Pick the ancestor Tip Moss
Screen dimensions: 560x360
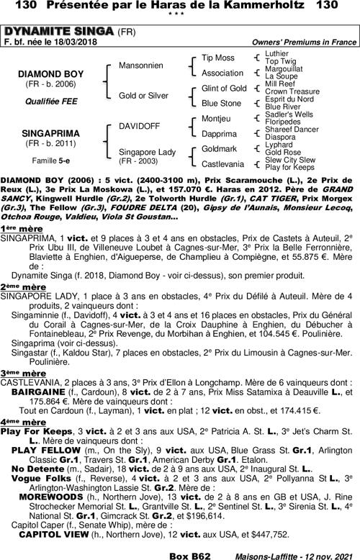click(x=218, y=57)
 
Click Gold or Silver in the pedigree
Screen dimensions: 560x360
click(x=143, y=96)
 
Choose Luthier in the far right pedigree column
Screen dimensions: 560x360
click(x=276, y=53)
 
